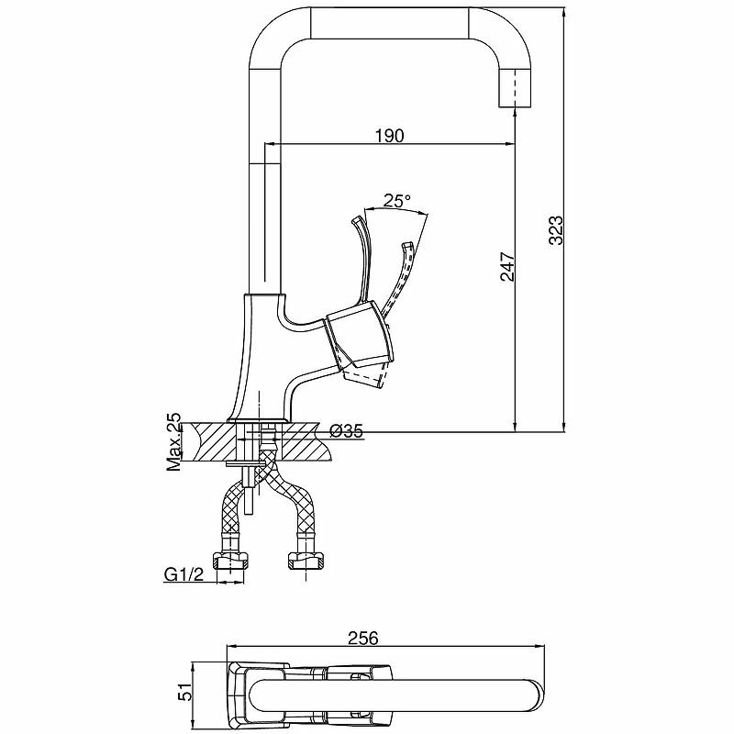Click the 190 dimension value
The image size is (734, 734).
click(389, 135)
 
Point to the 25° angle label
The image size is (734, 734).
click(396, 201)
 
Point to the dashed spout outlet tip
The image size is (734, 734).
click(517, 88)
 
